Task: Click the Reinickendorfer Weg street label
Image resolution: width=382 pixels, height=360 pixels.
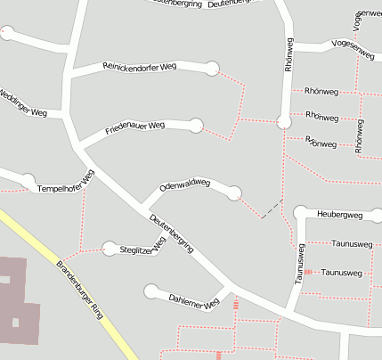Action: click(x=139, y=66)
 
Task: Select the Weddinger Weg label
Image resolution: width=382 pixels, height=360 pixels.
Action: click(x=22, y=104)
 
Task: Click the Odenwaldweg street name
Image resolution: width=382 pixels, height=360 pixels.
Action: click(x=184, y=185)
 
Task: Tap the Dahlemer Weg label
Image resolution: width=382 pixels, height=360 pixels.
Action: click(x=193, y=301)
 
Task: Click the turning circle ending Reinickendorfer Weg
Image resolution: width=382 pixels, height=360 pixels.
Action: click(x=212, y=68)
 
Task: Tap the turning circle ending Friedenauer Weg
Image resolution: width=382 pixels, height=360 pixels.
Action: click(x=196, y=125)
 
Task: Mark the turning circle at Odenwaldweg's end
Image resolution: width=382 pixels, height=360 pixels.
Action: click(x=234, y=192)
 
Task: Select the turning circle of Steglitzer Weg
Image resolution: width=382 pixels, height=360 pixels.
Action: click(x=110, y=249)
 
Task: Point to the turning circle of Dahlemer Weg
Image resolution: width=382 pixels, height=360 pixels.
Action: click(x=151, y=290)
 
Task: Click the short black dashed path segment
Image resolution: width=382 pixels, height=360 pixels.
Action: click(x=272, y=209)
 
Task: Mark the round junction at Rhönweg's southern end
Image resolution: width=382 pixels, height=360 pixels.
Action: click(x=284, y=122)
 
